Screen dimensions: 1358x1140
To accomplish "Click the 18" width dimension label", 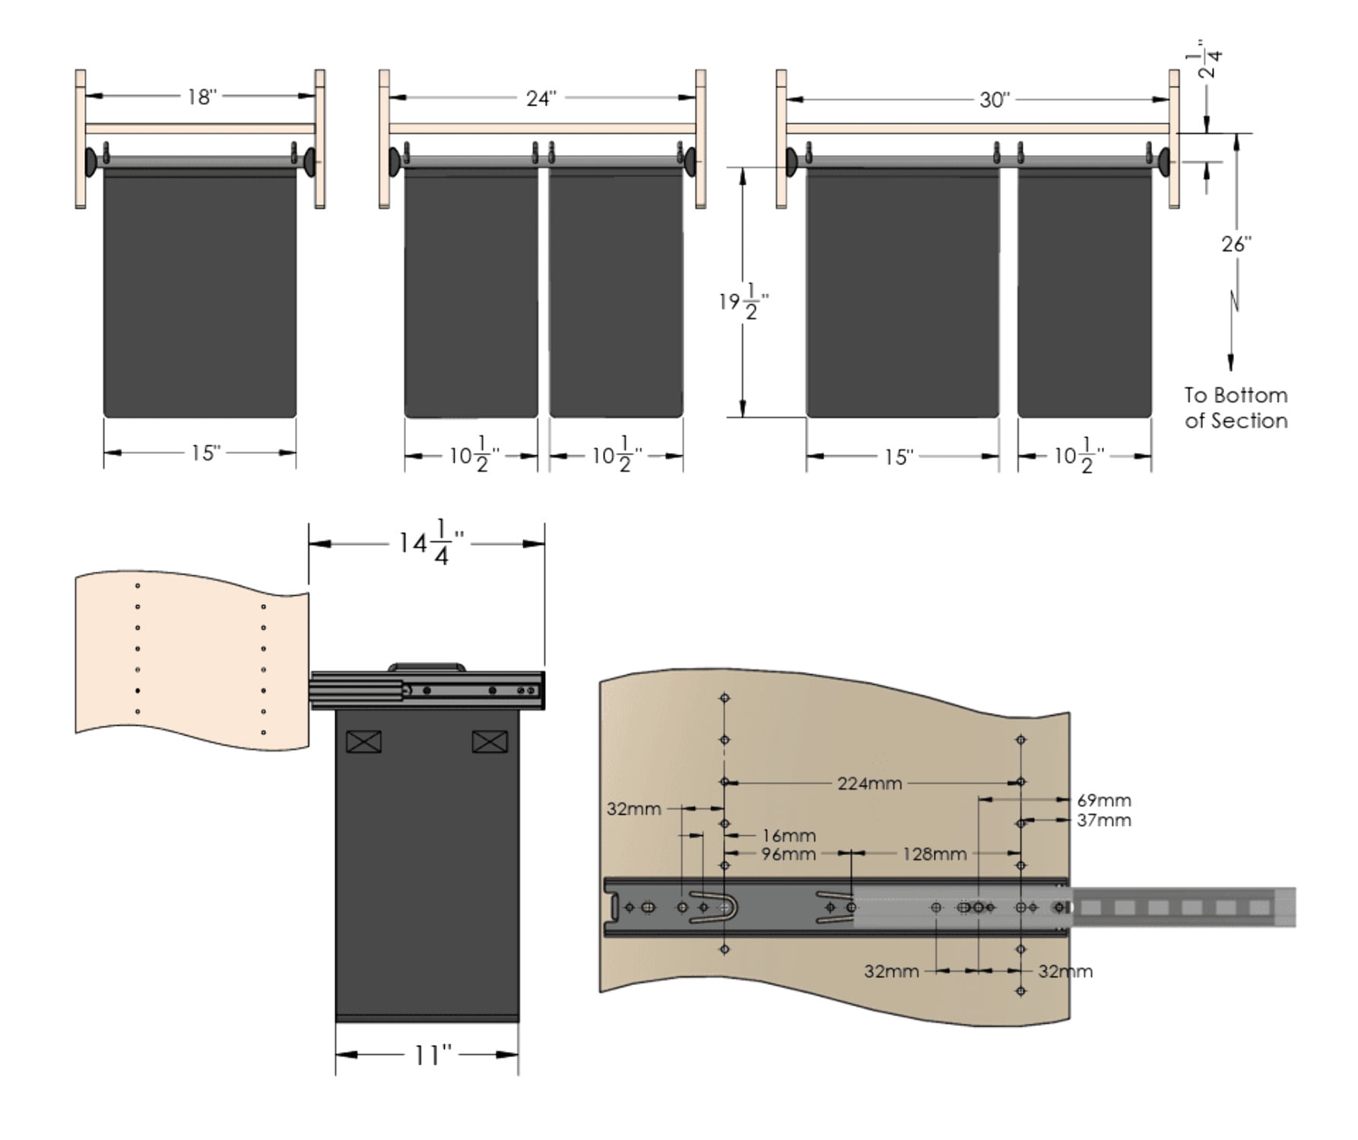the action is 202,97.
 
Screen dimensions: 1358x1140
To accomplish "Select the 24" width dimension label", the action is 541,98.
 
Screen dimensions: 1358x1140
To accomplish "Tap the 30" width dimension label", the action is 995,100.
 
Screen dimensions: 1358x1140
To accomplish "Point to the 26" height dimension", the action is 1236,244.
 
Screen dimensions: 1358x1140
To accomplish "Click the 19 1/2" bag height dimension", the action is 744,302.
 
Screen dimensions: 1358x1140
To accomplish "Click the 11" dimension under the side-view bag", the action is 433,1055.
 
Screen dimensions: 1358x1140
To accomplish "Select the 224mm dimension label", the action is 870,783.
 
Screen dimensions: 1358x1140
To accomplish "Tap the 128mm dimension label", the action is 934,853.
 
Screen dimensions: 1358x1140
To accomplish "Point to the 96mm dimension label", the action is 788,853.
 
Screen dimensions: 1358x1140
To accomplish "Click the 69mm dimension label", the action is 1104,800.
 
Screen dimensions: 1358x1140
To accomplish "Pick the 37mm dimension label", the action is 1104,820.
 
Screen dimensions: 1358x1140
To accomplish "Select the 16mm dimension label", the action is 789,835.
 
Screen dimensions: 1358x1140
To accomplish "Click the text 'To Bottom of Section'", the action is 1236,408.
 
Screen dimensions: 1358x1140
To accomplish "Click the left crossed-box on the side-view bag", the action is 363,741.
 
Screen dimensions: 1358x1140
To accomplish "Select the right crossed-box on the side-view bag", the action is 490,741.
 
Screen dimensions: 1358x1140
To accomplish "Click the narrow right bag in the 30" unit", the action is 1084,293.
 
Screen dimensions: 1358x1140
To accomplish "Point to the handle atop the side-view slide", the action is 427,667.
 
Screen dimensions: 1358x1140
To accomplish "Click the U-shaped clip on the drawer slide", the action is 713,907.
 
